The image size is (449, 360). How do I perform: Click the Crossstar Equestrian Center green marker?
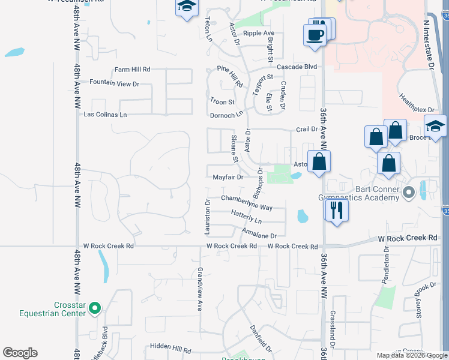[94, 308]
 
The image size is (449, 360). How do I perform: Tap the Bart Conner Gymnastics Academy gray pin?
[409, 193]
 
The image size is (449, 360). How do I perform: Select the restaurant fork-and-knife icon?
[336, 210]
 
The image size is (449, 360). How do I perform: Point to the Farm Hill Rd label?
[133, 70]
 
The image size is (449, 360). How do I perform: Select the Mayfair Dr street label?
[228, 178]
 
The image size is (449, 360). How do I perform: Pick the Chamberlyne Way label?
[247, 199]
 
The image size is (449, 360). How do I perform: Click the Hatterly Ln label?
[246, 213]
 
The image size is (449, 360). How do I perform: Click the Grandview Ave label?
[200, 289]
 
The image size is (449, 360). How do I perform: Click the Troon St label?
[222, 102]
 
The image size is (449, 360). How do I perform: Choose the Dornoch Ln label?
[226, 115]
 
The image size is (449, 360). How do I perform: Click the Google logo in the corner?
[20, 353]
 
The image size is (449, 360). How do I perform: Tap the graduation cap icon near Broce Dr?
[435, 126]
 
